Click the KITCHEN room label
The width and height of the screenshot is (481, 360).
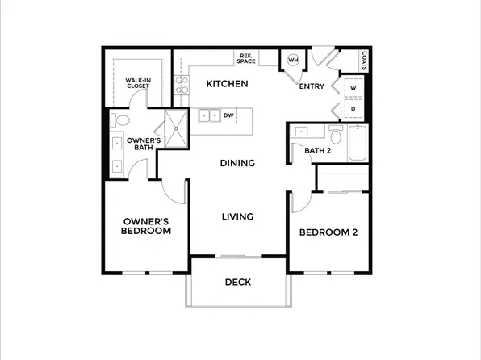227,84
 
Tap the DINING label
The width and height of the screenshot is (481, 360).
237,163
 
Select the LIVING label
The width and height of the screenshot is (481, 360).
237,216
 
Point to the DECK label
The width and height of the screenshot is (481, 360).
237,283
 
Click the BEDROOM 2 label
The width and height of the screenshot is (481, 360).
328,233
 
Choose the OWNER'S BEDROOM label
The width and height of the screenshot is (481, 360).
146,226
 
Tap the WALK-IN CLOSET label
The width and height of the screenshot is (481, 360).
139,84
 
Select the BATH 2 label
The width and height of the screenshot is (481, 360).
318,150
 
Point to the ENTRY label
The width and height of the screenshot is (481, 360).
312,86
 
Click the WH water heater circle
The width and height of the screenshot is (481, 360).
293,60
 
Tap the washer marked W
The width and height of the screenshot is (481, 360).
353,90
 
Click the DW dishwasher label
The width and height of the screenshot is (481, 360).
228,115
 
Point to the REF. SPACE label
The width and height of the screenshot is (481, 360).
245,58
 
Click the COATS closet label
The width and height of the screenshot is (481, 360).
365,61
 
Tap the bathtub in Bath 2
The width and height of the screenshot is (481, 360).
357,142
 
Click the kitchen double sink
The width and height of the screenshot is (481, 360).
208,115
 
